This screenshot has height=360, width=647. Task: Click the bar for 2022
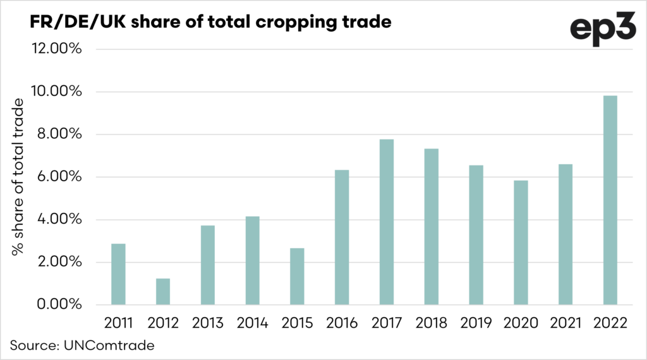[x=610, y=200]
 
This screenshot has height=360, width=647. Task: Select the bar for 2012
[x=163, y=291]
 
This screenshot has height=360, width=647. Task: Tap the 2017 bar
[x=387, y=222]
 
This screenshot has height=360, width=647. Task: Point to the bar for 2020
[x=521, y=243]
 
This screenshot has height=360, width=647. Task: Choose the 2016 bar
[x=342, y=237]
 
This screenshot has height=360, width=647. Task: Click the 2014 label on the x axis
[x=252, y=323]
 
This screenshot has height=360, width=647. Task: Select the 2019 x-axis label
[x=476, y=323]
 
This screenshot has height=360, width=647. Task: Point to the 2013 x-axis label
[x=207, y=323]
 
